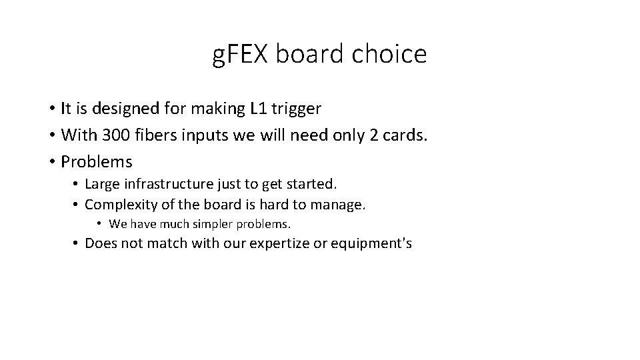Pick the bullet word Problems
[97, 162]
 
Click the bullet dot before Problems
[51, 162]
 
